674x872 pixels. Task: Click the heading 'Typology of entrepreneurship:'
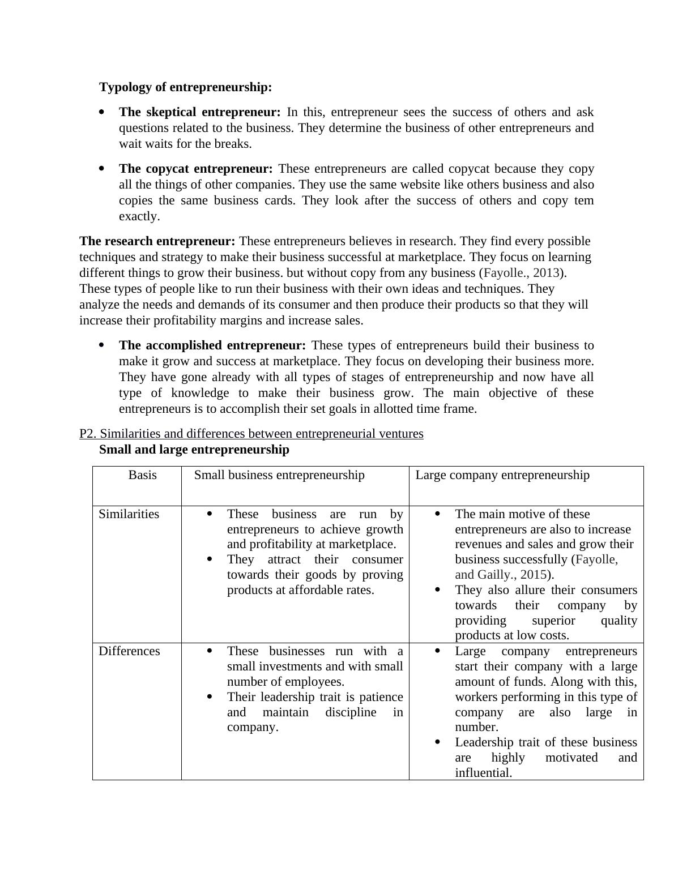pyautogui.click(x=186, y=87)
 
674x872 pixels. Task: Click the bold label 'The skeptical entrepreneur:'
pyautogui.click(x=199, y=112)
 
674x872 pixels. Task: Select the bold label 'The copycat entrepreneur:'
pyautogui.click(x=195, y=169)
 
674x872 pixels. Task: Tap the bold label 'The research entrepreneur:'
pyautogui.click(x=157, y=241)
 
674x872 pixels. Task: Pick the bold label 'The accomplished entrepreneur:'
pyautogui.click(x=212, y=345)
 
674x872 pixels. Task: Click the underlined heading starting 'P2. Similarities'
pyautogui.click(x=251, y=434)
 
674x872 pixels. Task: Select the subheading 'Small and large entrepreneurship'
pyautogui.click(x=194, y=450)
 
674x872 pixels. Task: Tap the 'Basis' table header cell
pyautogui.click(x=142, y=475)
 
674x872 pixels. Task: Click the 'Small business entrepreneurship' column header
pyautogui.click(x=279, y=475)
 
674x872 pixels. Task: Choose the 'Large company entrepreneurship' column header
pyautogui.click(x=502, y=475)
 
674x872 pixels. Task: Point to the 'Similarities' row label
pyautogui.click(x=129, y=514)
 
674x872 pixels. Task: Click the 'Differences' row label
pyautogui.click(x=129, y=651)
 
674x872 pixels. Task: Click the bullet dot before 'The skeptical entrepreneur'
pyautogui.click(x=101, y=112)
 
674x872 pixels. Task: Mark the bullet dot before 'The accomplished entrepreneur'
pyautogui.click(x=101, y=345)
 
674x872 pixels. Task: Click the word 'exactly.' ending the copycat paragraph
pyautogui.click(x=139, y=216)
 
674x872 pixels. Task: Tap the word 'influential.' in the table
pyautogui.click(x=483, y=773)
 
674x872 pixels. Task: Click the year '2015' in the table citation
pyautogui.click(x=533, y=575)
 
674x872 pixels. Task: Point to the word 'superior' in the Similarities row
pyautogui.click(x=553, y=621)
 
